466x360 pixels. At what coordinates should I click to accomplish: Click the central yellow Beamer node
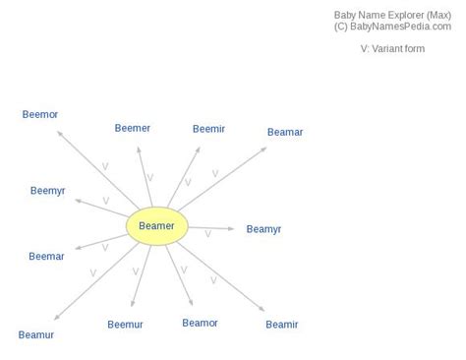pos(157,226)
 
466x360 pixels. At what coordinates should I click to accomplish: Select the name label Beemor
pos(40,115)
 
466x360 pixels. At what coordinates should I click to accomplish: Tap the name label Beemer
pos(133,128)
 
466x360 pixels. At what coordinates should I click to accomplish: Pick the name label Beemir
pos(208,128)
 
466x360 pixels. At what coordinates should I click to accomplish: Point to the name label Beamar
pos(285,132)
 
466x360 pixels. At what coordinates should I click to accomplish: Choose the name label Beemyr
pos(48,191)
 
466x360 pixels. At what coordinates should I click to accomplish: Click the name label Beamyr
pos(263,229)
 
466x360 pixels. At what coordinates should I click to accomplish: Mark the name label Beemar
pos(46,257)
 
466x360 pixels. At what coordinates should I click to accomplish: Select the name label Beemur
pos(125,324)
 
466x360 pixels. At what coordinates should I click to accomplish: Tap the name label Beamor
pos(200,323)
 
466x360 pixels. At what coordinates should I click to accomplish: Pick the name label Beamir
pos(281,325)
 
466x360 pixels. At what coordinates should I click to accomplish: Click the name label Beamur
pos(36,334)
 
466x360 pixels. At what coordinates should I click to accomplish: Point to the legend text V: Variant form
pos(392,48)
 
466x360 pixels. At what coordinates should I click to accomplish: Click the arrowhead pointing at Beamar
pos(264,148)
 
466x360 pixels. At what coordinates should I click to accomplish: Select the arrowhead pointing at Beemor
pos(59,131)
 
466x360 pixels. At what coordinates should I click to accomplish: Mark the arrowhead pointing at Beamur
pos(56,319)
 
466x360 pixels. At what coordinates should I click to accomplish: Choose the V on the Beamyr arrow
pos(207,234)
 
